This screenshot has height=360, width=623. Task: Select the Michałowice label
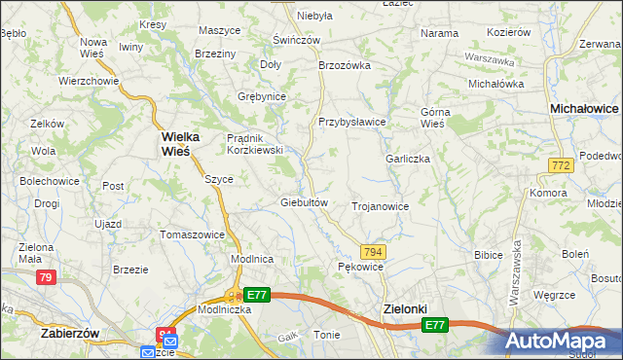[584, 110]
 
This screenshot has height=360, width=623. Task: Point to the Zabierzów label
[71, 332]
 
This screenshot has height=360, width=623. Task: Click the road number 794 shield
[374, 251]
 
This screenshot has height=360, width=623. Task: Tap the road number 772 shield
[560, 167]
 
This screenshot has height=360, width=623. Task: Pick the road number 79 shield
[45, 277]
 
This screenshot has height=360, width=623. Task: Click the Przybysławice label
[352, 122]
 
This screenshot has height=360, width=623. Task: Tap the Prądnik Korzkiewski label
[254, 144]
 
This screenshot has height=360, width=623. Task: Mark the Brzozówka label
[346, 65]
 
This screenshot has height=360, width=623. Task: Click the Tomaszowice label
[193, 234]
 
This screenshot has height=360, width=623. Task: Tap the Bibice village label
[487, 255]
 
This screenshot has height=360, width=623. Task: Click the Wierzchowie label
[89, 81]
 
